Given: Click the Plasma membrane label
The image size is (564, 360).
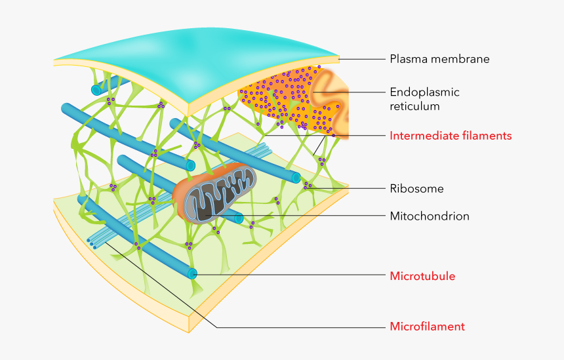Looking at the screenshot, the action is (x=439, y=59).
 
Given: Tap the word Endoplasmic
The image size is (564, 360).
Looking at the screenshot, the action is (x=424, y=92).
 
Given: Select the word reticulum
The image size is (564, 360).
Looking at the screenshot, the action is (x=414, y=106).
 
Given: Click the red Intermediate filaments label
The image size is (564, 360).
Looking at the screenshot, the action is (x=451, y=136).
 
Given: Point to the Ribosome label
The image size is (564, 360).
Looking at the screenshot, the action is (x=416, y=189).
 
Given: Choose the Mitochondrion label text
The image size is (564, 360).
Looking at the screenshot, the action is (x=430, y=216).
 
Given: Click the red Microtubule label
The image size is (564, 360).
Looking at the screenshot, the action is (x=422, y=276).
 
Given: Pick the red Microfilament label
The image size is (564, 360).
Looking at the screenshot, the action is (x=427, y=327).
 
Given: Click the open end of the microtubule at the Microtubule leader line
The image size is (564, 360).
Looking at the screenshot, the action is (x=193, y=273).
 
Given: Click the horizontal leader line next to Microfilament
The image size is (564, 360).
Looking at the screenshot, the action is (x=302, y=327).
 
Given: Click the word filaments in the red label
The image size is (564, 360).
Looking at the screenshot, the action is (x=487, y=136).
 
